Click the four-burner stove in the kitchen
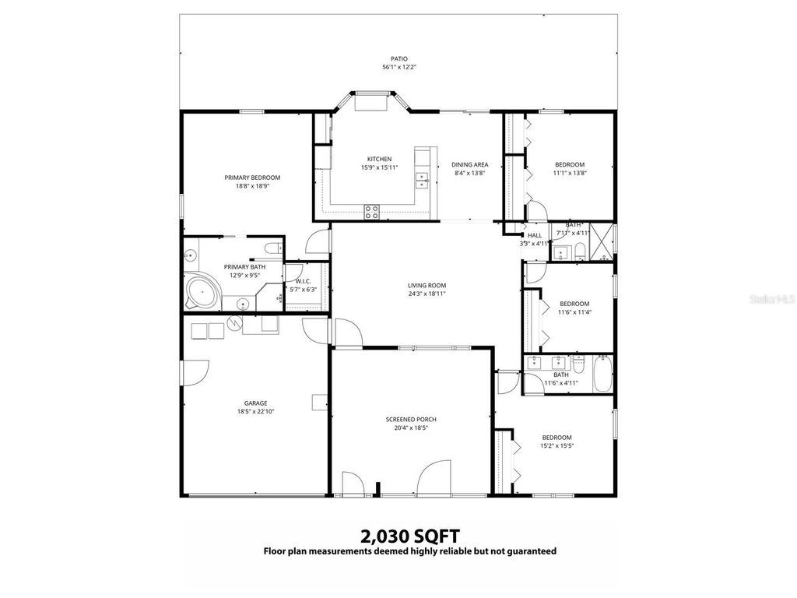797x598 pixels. [372, 209]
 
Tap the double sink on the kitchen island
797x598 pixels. [422, 181]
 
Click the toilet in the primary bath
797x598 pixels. [272, 248]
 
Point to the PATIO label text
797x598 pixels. [398, 58]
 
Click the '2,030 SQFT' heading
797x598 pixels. [409, 536]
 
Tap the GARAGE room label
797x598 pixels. [255, 403]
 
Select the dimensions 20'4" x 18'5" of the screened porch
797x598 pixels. [411, 427]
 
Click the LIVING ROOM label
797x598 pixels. [427, 285]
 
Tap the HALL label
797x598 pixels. [535, 235]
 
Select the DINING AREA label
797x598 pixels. [469, 164]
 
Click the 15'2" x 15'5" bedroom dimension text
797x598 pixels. [556, 447]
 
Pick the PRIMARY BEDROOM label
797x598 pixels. [252, 178]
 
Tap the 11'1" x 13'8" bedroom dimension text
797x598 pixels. [569, 174]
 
